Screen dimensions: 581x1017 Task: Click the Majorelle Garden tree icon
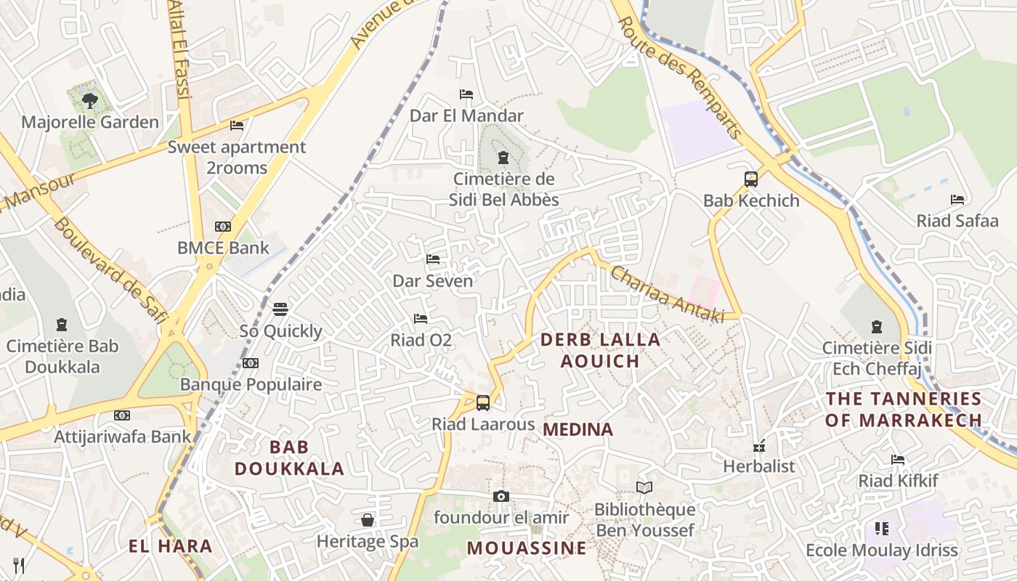90,100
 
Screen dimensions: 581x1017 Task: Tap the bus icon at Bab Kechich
751,179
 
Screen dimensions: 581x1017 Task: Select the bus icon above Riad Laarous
483,402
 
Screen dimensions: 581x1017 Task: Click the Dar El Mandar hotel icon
466,94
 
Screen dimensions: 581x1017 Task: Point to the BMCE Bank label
223,248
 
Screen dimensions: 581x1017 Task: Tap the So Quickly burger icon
280,309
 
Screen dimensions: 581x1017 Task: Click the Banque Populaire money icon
251,363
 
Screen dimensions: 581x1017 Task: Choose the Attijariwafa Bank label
122,436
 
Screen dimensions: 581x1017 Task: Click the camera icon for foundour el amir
501,497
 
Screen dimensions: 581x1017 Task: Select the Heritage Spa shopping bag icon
368,520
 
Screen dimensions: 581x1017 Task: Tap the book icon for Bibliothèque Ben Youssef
644,487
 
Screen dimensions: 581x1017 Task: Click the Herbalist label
759,466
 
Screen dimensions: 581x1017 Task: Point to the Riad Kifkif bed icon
898,459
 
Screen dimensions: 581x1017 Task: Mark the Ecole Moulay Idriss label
882,550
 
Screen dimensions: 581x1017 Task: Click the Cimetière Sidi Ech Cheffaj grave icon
877,327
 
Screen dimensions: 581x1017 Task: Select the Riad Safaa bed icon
957,200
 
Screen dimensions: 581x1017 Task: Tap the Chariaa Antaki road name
668,294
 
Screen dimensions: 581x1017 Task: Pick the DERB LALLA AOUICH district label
600,350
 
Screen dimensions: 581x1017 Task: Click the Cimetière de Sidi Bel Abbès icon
503,158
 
